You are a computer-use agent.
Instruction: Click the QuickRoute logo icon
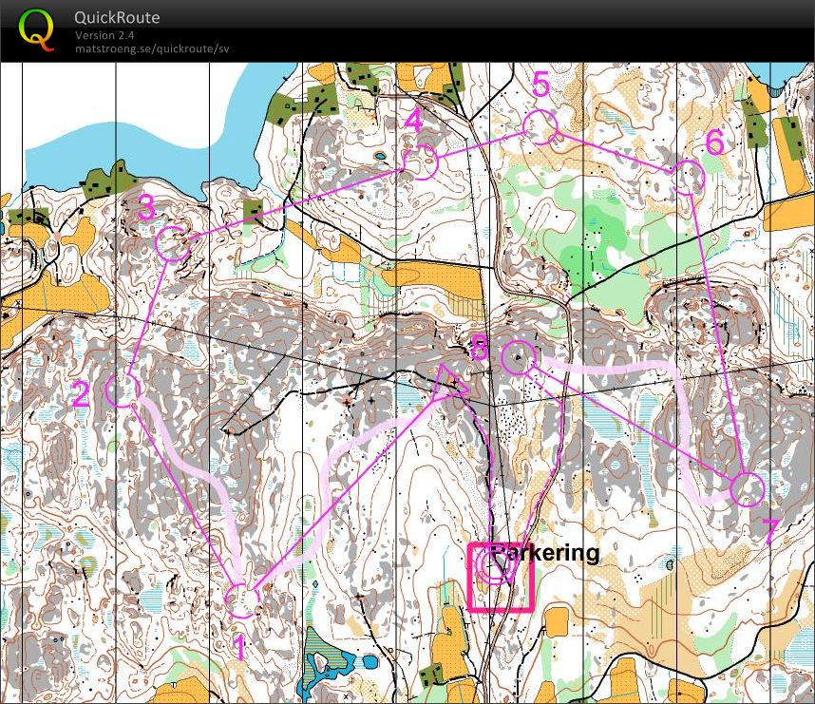tap(36, 29)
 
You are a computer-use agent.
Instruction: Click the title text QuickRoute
tap(117, 17)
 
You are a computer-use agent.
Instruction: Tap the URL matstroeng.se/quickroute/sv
tap(152, 48)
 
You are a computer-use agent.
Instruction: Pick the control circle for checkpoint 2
tap(123, 389)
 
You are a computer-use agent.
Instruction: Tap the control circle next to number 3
tap(172, 244)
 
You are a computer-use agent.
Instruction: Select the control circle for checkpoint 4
tap(419, 162)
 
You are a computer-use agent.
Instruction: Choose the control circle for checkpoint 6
tap(688, 177)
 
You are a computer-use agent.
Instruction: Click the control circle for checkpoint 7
tap(748, 488)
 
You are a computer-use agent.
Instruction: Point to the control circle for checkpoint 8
tap(516, 358)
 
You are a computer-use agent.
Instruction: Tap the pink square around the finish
tap(500, 577)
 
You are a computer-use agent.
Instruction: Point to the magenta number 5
tap(540, 84)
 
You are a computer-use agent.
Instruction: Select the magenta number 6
tap(714, 143)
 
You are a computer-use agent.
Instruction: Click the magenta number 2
tap(82, 394)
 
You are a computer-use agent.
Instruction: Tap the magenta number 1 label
tap(239, 648)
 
